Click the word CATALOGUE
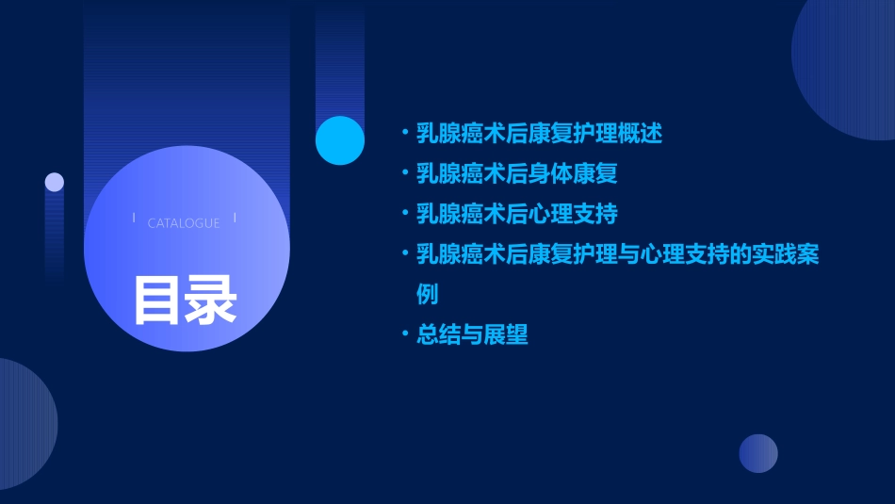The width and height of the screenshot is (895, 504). click(x=184, y=223)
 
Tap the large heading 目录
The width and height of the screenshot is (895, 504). click(x=185, y=301)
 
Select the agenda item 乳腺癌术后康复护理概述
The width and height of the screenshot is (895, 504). click(x=540, y=134)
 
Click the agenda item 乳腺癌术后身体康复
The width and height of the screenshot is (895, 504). click(x=517, y=174)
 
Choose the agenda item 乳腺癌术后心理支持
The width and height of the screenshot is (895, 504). click(x=517, y=214)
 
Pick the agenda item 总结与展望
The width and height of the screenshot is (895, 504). click(x=473, y=334)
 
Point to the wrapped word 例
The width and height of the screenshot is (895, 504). click(x=428, y=294)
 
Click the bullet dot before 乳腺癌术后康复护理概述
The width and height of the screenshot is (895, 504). click(x=404, y=134)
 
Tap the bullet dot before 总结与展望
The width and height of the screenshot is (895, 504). click(x=404, y=334)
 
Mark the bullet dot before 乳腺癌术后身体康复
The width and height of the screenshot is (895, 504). click(x=404, y=174)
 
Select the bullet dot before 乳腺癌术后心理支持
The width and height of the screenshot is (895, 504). click(x=404, y=214)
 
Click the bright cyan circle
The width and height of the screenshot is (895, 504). click(x=339, y=140)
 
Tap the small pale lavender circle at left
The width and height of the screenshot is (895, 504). click(x=55, y=183)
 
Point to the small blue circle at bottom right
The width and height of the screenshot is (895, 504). click(x=758, y=453)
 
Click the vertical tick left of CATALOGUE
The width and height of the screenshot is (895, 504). click(x=134, y=218)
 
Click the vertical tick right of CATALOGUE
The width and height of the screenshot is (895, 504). click(x=235, y=218)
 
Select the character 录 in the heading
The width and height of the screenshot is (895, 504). click(x=211, y=301)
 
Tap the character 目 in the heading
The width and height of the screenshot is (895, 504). click(x=157, y=301)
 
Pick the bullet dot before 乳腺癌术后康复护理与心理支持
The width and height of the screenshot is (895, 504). click(x=404, y=254)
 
